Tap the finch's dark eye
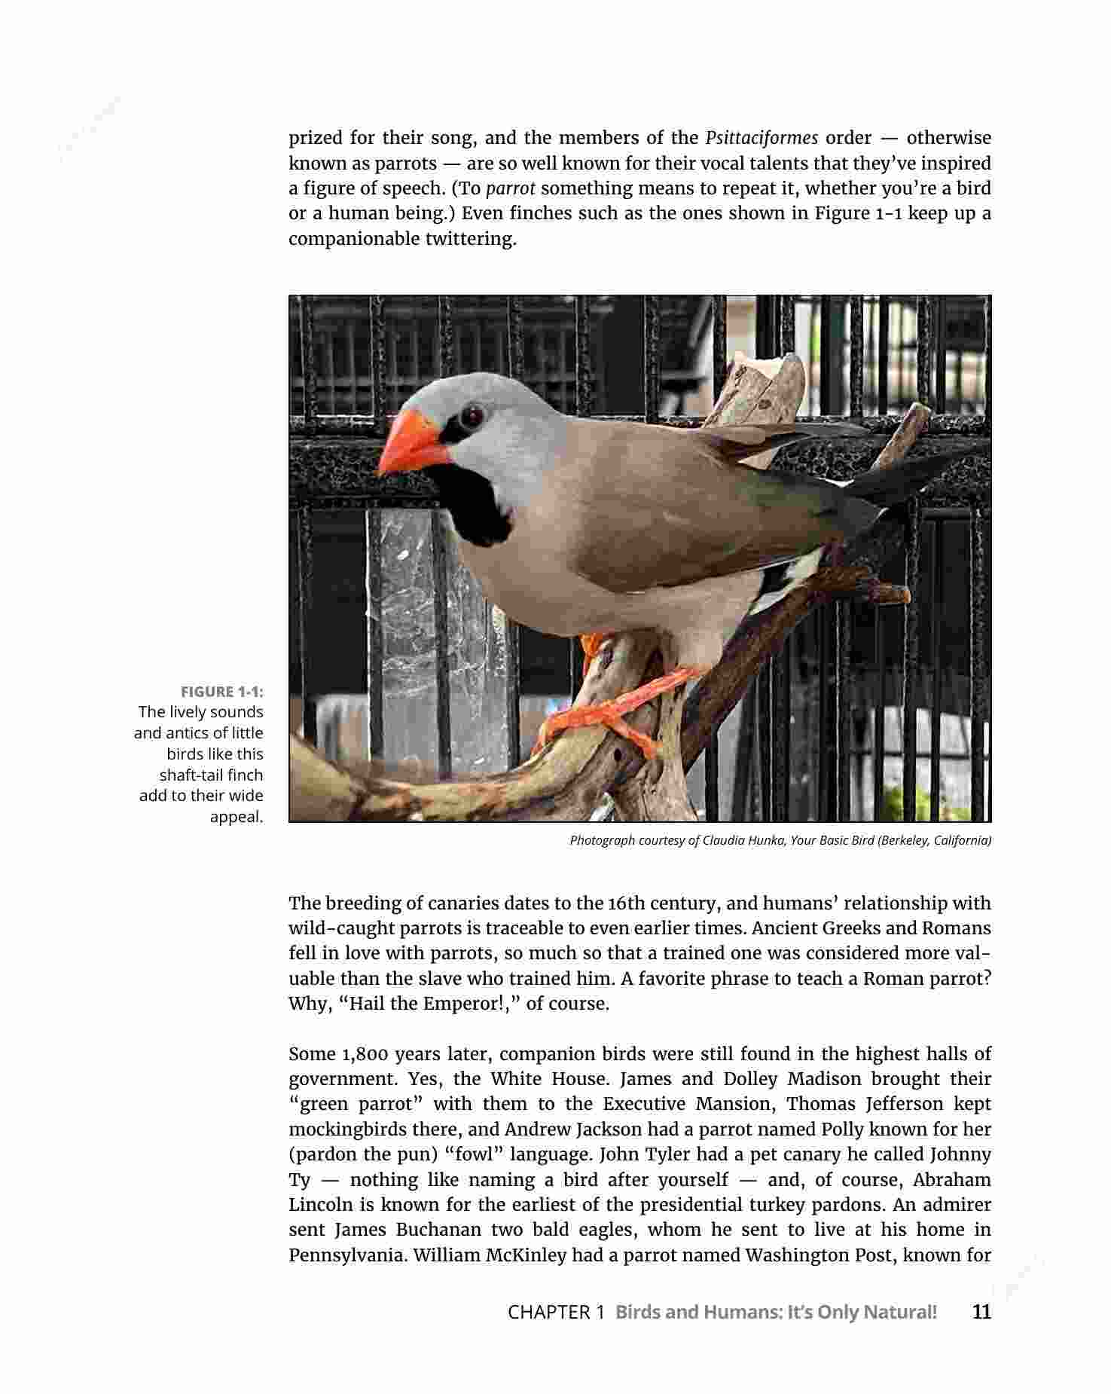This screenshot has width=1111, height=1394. pos(472,414)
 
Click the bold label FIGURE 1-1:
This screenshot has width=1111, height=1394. pos(221,692)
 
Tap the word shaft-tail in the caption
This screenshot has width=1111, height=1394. pos(188,775)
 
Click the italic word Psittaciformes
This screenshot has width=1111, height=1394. pos(762,138)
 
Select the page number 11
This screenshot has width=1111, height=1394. pos(981,1312)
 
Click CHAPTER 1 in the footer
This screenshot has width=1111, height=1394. pos(556,1312)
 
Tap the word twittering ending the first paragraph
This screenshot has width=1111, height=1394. pos(471,239)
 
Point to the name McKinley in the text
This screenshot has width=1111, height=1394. pos(527,1255)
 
